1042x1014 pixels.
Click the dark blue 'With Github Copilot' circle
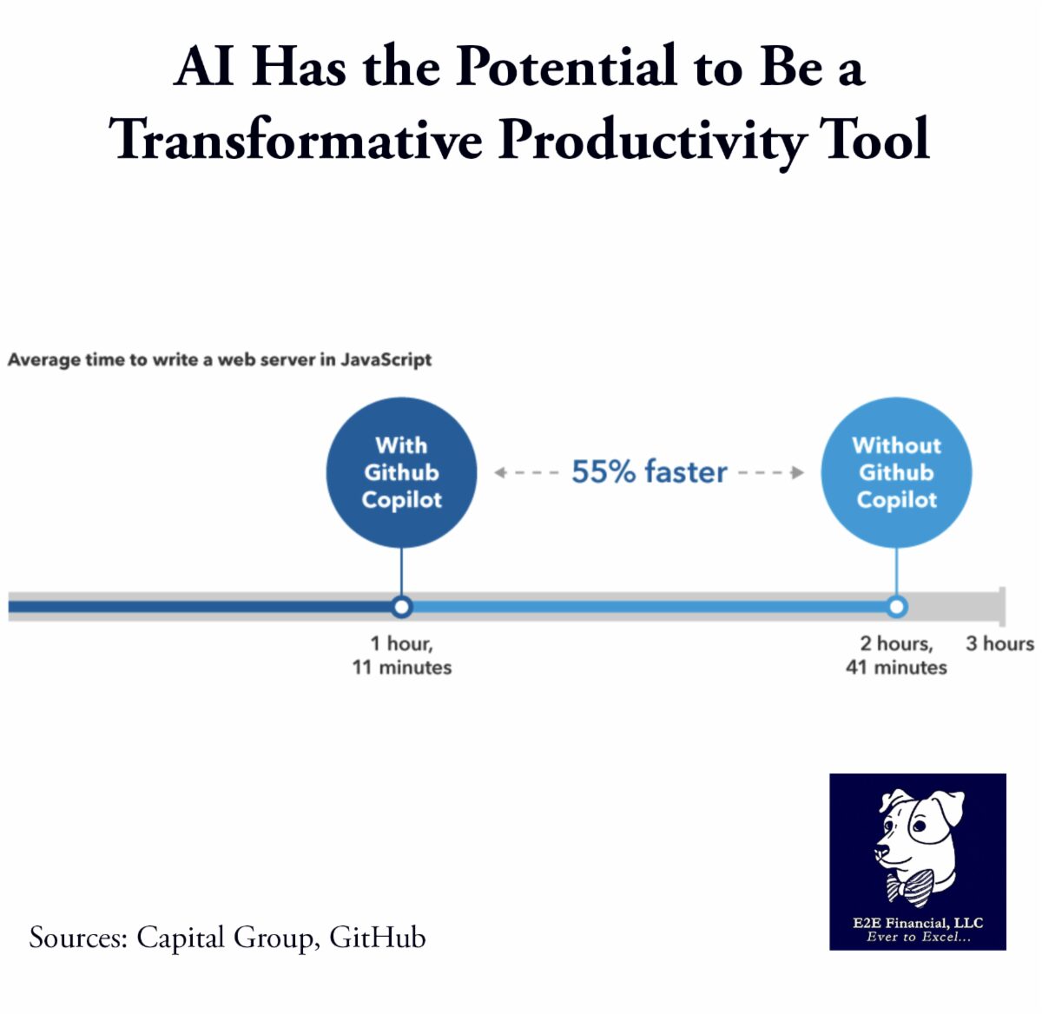[x=401, y=472]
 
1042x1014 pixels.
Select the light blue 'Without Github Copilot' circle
[x=896, y=472]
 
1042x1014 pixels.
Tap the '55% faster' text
[x=649, y=471]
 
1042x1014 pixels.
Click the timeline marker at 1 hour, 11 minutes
[x=401, y=607]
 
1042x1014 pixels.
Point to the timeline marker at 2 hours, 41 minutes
[x=896, y=607]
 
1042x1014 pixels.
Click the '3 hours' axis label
[x=999, y=643]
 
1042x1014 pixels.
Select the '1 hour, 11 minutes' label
[x=401, y=655]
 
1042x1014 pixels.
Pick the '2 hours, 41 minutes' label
[x=896, y=655]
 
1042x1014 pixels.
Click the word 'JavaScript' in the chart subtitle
[x=386, y=359]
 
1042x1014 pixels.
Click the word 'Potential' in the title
[x=565, y=66]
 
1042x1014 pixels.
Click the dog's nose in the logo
[x=880, y=852]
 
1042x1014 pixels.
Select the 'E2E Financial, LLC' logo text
[x=918, y=923]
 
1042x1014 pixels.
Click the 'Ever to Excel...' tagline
[x=918, y=937]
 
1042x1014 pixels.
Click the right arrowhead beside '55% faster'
[x=798, y=472]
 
